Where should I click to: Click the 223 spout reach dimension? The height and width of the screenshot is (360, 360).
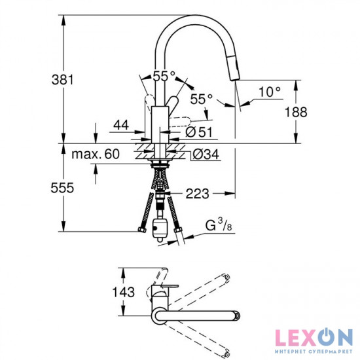pos(196,193)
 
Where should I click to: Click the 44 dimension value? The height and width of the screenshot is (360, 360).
pos(120,124)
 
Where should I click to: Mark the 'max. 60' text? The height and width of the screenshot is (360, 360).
pos(96,154)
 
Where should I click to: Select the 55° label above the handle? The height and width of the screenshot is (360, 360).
pos(164,75)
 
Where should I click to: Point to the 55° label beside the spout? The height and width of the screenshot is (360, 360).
pos(201,99)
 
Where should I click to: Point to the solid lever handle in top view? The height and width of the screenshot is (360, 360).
pos(168,287)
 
